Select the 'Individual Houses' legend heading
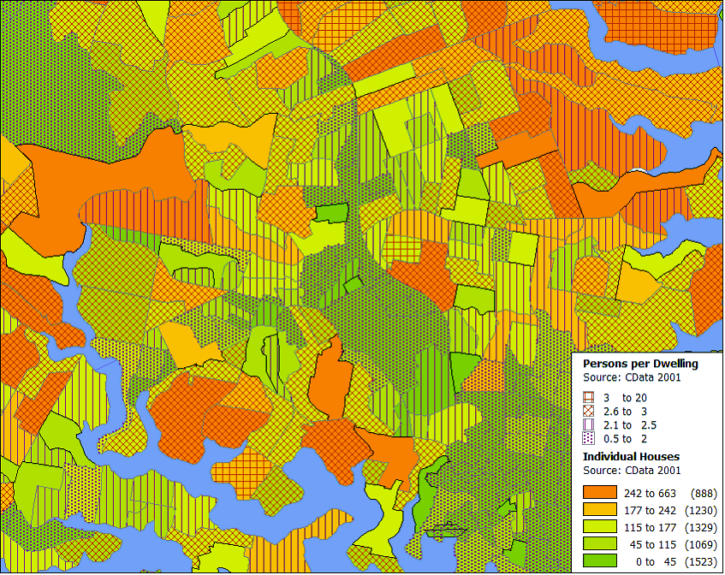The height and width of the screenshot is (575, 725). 631,457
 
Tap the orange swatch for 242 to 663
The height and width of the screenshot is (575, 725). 600,492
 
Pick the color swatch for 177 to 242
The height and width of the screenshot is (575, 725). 600,509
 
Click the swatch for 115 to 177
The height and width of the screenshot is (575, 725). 600,526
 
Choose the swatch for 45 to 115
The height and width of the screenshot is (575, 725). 600,543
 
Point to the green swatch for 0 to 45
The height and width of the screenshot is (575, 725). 600,560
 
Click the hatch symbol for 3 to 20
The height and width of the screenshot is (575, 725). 588,398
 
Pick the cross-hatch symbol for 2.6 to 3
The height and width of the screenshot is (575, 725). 588,412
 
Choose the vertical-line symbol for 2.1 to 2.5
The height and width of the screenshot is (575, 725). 588,425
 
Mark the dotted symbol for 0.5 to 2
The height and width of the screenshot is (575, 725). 588,439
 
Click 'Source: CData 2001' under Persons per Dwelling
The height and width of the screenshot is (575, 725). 632,377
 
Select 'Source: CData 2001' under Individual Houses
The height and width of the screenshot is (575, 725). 632,471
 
